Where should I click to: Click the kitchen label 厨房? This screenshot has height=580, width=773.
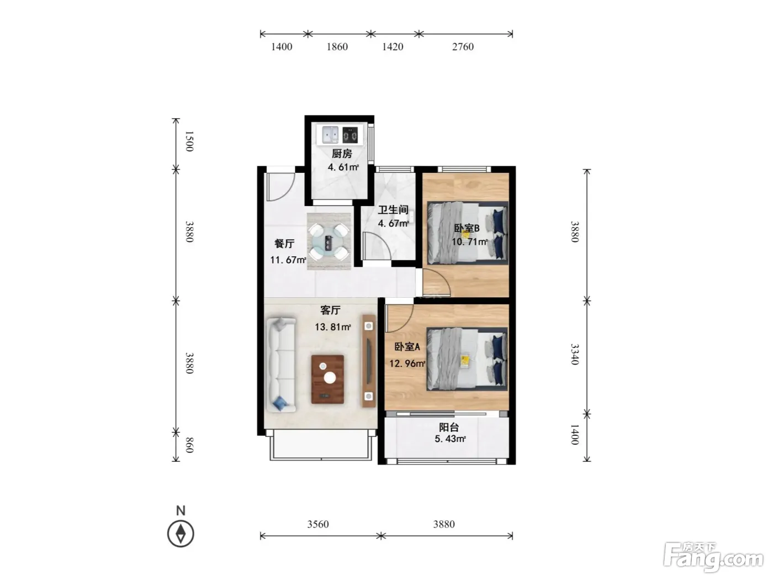coord(342,154)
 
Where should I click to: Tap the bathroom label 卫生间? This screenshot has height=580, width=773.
coord(393,210)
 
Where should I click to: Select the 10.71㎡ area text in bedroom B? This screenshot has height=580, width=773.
coord(469,241)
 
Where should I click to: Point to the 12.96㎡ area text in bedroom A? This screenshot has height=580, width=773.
coord(407,363)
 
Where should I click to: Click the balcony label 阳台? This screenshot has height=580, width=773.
coord(449,428)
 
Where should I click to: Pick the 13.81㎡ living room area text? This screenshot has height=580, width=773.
coord(333,327)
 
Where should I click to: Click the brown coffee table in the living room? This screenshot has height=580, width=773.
coord(327,379)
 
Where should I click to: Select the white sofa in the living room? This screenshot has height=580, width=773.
coord(280,365)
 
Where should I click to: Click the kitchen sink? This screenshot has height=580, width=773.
coord(330,135)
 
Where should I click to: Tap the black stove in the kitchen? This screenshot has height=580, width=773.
coord(350,135)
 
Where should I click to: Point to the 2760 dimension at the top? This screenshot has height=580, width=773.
coord(463,46)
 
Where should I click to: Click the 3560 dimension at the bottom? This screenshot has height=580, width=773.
coord(317,524)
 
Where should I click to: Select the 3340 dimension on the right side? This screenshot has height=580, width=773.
coord(575,354)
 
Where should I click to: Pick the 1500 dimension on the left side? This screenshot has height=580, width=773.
coord(189,141)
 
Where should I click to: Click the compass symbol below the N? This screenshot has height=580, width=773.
coord(181,534)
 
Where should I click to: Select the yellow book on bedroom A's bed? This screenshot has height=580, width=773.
coord(465,361)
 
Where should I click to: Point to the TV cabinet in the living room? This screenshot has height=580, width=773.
coord(369,361)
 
